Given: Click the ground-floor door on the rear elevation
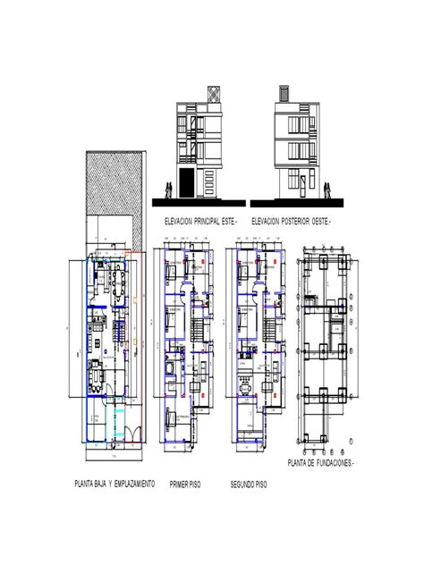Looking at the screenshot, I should (303, 186).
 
